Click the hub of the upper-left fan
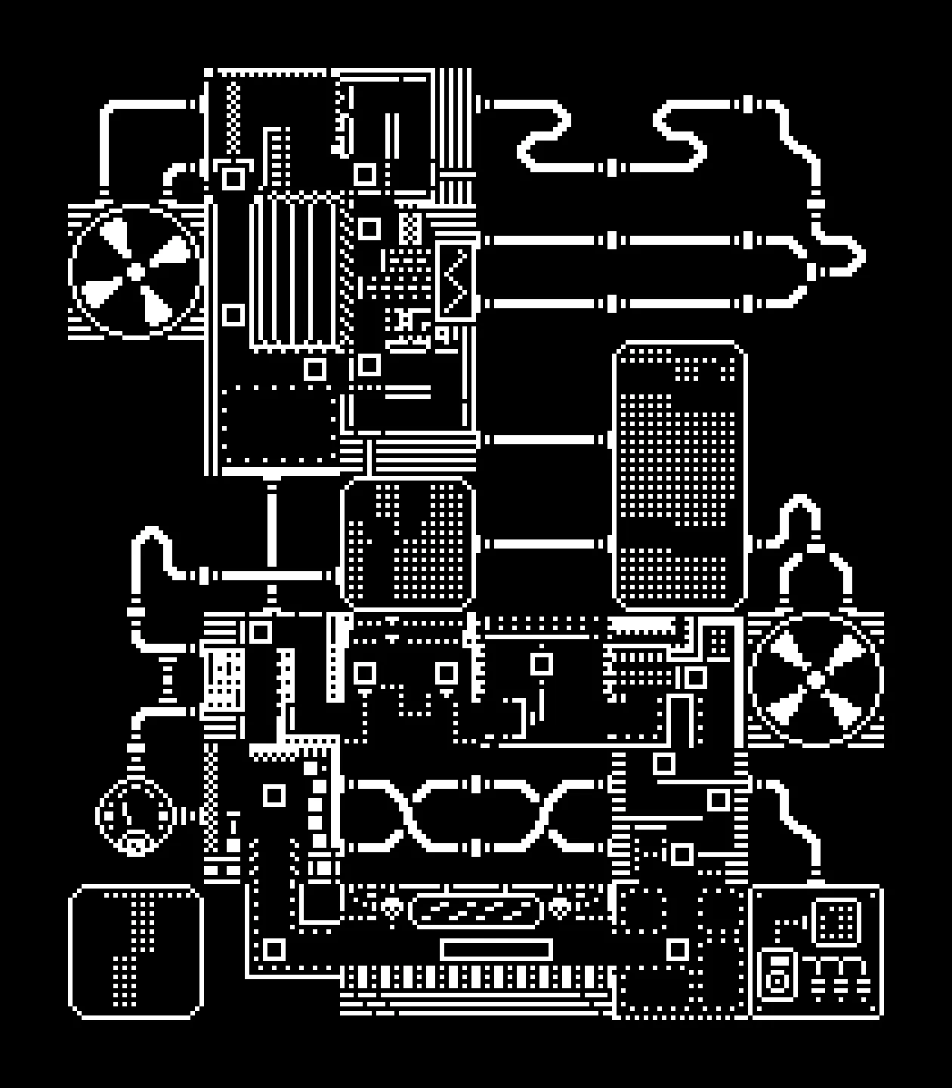[x=136, y=270]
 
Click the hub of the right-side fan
[x=815, y=678]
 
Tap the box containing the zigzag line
[x=456, y=280]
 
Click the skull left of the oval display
[x=390, y=907]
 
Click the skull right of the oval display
[x=559, y=907]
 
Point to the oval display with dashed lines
[x=475, y=910]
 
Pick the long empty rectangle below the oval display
[x=496, y=949]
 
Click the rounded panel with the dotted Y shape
[x=408, y=542]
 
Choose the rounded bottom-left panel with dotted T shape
[x=136, y=951]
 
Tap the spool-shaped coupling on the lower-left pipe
[x=168, y=678]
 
